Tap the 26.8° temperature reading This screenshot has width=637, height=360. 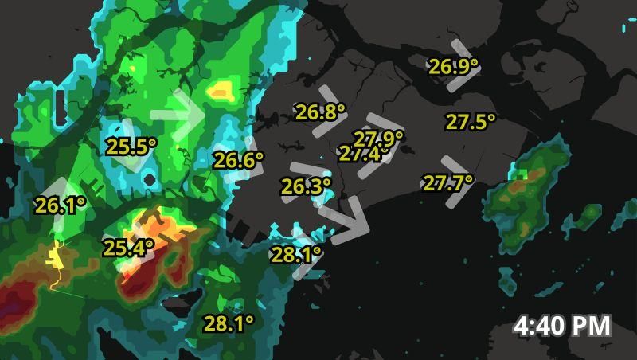(x=320, y=112)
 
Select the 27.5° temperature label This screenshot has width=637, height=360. (x=470, y=122)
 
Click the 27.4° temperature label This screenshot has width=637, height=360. (x=360, y=154)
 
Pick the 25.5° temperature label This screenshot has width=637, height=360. (x=131, y=147)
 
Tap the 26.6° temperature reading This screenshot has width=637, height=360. (x=238, y=161)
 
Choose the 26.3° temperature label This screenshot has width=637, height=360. (x=306, y=186)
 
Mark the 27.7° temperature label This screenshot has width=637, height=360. (x=447, y=183)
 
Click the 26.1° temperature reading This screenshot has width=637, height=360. (x=60, y=205)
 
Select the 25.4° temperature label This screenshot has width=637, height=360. (x=128, y=248)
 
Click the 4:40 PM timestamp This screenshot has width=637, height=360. (x=562, y=325)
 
